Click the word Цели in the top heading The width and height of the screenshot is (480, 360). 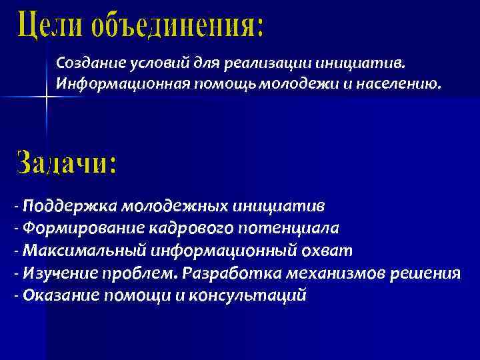pyautogui.click(x=51, y=26)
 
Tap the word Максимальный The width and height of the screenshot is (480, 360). pyautogui.click(x=73, y=251)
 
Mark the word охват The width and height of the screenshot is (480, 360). pyautogui.click(x=329, y=251)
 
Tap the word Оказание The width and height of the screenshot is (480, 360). pyautogui.click(x=55, y=295)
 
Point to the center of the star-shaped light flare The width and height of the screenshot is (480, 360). pyautogui.click(x=47, y=97)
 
